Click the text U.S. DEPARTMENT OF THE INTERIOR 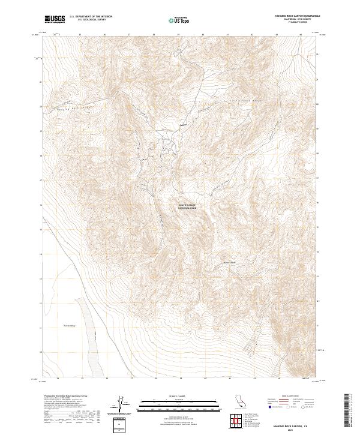pyautogui.click(x=91, y=16)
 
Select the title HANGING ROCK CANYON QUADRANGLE pyautogui.click(x=298, y=16)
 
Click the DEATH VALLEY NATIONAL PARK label pyautogui.click(x=187, y=207)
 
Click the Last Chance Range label pyautogui.click(x=247, y=101)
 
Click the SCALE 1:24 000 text pyautogui.click(x=163, y=396)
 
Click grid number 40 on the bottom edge pyautogui.click(x=204, y=379)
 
